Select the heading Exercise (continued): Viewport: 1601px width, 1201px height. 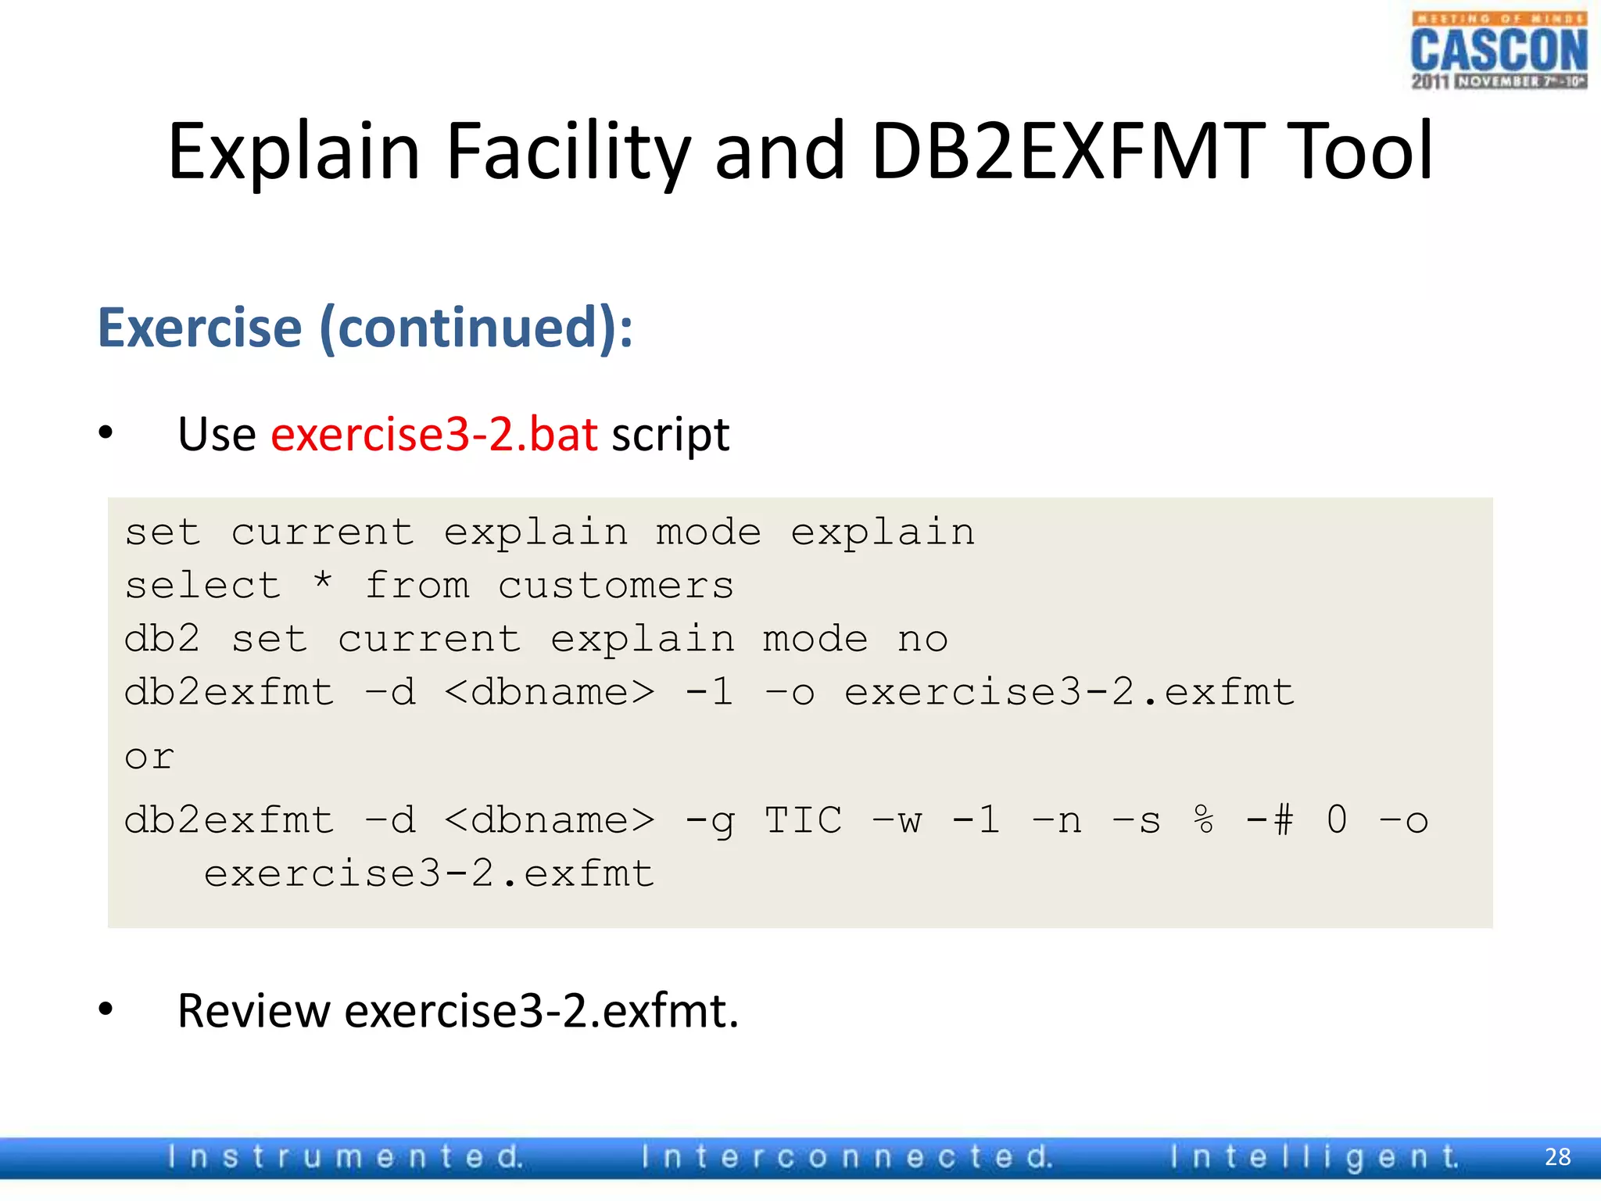pyautogui.click(x=365, y=328)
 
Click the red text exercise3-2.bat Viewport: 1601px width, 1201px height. pyautogui.click(x=434, y=435)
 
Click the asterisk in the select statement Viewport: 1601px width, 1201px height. pyautogui.click(x=323, y=582)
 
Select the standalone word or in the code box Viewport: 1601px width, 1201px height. pyautogui.click(x=149, y=757)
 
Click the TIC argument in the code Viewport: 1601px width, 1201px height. pyautogui.click(x=803, y=820)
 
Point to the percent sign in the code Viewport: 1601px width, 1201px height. pyautogui.click(x=1204, y=820)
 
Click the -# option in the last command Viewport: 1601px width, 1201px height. pyautogui.click(x=1270, y=820)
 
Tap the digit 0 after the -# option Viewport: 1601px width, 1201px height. pyautogui.click(x=1337, y=820)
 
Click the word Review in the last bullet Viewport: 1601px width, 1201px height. pyautogui.click(x=253, y=1011)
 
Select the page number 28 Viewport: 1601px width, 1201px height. pyautogui.click(x=1557, y=1156)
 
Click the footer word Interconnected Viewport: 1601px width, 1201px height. pyautogui.click(x=847, y=1156)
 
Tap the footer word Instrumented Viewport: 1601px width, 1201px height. pyautogui.click(x=345, y=1156)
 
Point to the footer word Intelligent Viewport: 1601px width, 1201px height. pyautogui.click(x=1314, y=1156)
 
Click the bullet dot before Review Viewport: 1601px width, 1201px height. pyautogui.click(x=106, y=1009)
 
